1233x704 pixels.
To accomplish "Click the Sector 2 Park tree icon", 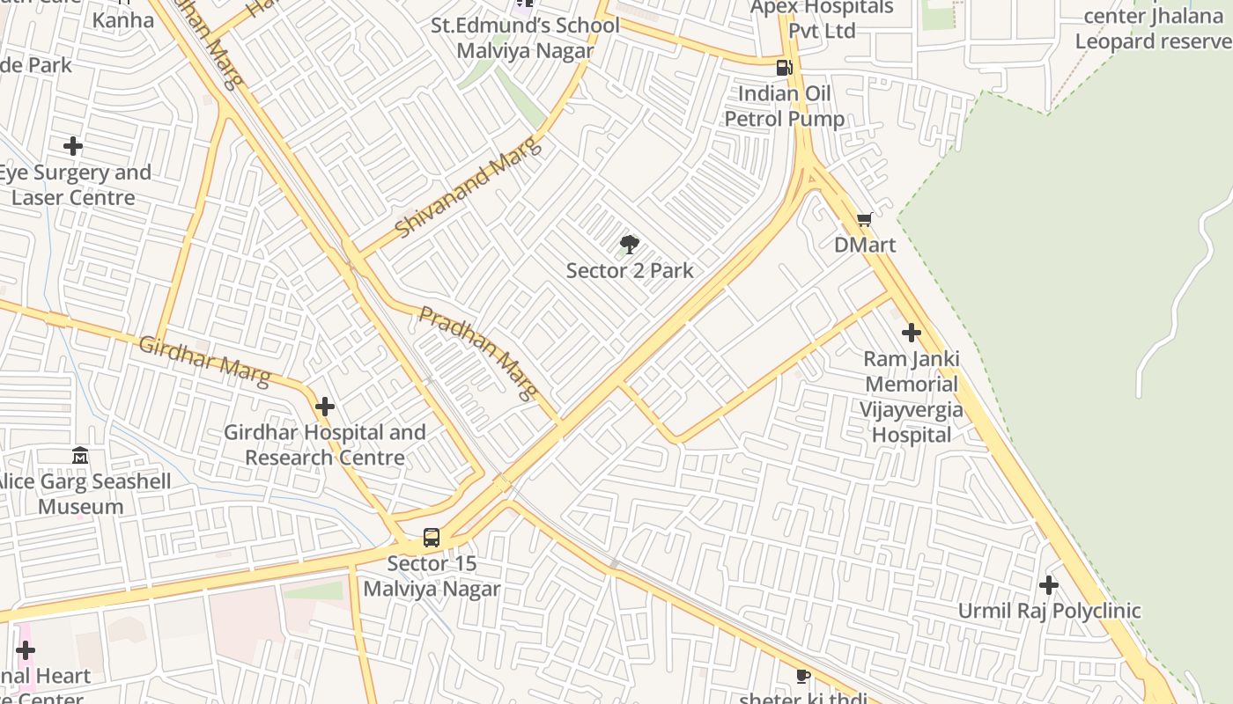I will (x=629, y=245).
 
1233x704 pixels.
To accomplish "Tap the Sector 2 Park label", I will (x=630, y=271).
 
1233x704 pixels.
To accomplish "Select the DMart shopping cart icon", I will (x=864, y=219).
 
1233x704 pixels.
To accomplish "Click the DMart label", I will (x=865, y=245).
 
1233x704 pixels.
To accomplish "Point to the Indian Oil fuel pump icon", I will (x=784, y=68).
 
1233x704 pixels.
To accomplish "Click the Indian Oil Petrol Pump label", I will (x=784, y=106).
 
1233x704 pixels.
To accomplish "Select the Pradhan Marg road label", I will (x=478, y=353).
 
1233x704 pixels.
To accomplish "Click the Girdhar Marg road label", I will (x=204, y=360).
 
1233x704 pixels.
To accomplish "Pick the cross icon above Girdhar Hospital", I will (x=325, y=407).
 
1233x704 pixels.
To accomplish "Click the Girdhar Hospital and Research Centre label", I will (x=325, y=445).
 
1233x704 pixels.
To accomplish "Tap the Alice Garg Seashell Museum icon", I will (x=80, y=456).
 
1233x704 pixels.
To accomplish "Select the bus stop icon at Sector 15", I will (x=432, y=537).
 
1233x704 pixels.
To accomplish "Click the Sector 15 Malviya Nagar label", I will (x=432, y=576).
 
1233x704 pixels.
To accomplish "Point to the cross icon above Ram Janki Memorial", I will (x=912, y=333).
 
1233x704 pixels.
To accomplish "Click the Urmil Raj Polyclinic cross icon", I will (x=1048, y=584).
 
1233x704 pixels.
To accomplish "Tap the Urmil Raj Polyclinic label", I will (x=1049, y=611).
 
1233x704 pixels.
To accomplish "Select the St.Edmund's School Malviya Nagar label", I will (x=525, y=38).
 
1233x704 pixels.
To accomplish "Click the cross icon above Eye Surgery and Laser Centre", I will (x=73, y=145).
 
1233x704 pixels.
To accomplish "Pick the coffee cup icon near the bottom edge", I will (x=802, y=676).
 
